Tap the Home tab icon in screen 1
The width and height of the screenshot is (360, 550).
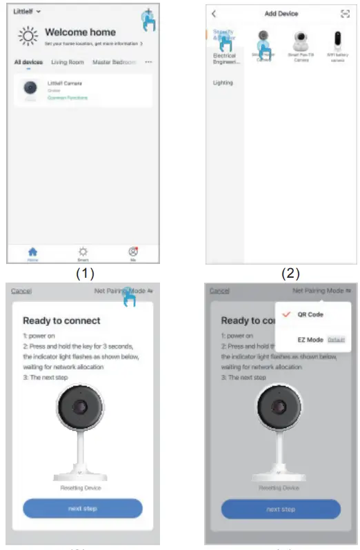(32, 252)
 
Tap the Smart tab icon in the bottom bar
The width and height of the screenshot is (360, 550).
(83, 252)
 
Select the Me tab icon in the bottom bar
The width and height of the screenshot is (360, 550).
(133, 252)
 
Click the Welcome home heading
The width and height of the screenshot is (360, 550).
(79, 32)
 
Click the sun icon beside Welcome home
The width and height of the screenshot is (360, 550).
(28, 36)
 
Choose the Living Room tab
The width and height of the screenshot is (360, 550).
(67, 63)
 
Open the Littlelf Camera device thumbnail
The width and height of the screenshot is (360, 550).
(32, 90)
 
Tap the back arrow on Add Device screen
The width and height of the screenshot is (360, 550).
(214, 14)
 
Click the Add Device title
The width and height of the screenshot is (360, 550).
(281, 14)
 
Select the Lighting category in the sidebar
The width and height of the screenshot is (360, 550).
(223, 83)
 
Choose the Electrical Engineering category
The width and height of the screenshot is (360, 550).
(224, 59)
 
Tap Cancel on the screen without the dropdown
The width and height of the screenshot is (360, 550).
(21, 291)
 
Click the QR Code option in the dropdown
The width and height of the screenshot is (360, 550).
(310, 314)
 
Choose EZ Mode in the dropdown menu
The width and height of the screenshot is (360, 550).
(310, 340)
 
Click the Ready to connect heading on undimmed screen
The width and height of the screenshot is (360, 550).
(61, 320)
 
